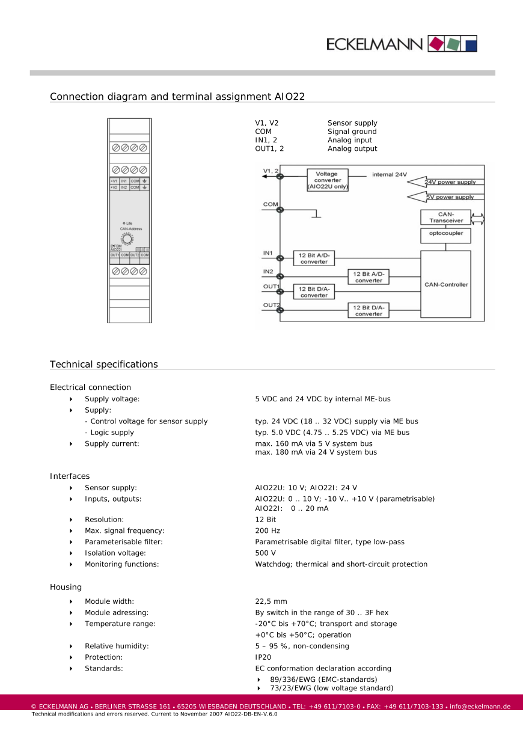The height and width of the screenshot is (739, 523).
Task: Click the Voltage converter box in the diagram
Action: click(x=328, y=180)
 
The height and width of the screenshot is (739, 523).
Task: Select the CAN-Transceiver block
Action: click(x=446, y=217)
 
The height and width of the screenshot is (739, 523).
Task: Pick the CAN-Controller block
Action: click(x=446, y=284)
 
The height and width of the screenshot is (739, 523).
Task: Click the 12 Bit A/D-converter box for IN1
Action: click(x=314, y=258)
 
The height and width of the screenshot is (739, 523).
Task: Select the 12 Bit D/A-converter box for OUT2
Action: click(x=369, y=310)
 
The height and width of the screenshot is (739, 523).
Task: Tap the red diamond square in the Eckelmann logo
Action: click(x=437, y=43)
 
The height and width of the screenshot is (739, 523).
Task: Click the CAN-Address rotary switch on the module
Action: click(x=127, y=239)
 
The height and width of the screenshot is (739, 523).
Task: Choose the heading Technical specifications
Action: click(x=104, y=364)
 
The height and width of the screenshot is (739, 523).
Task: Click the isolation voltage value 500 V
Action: click(x=266, y=553)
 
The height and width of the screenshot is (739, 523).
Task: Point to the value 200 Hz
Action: click(x=268, y=531)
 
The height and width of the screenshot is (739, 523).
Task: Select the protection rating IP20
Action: click(x=263, y=657)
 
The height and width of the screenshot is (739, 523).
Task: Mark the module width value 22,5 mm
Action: click(x=271, y=601)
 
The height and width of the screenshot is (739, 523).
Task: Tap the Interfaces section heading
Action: click(x=70, y=476)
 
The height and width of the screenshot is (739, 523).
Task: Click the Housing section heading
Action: click(x=66, y=587)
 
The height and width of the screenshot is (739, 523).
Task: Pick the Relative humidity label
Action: click(x=117, y=646)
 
